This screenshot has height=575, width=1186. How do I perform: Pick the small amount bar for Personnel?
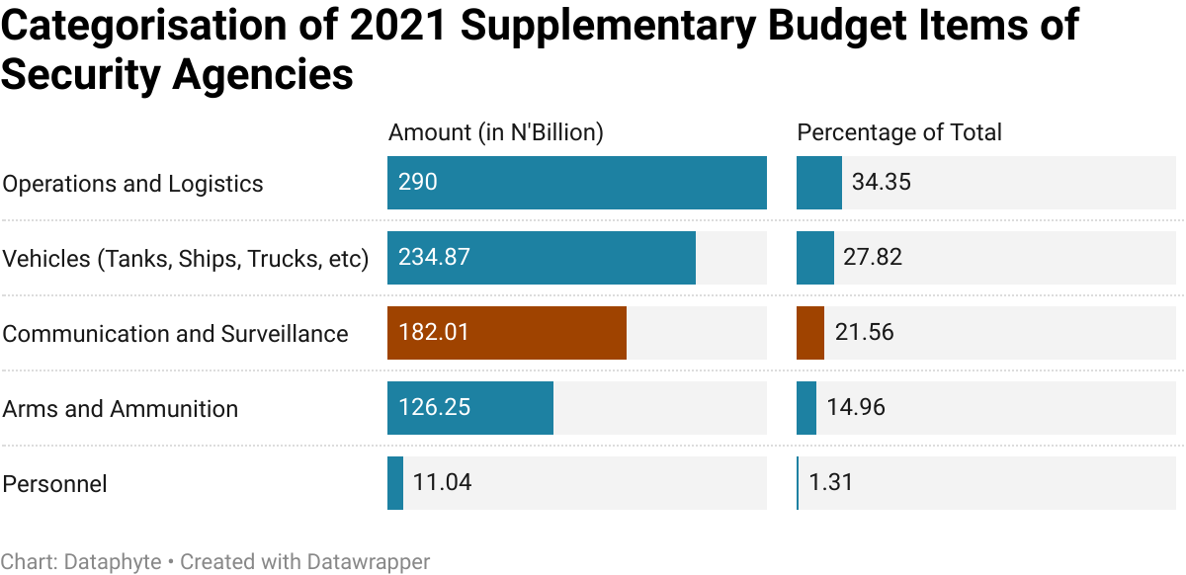click(x=395, y=483)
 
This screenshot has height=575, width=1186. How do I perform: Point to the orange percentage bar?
click(x=810, y=333)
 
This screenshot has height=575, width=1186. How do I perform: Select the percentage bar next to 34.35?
click(x=819, y=183)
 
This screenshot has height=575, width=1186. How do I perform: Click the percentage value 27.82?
click(x=873, y=258)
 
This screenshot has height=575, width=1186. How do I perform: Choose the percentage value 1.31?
click(x=830, y=483)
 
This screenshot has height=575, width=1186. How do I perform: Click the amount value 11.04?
click(x=442, y=483)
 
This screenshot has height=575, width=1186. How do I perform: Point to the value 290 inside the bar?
click(x=418, y=183)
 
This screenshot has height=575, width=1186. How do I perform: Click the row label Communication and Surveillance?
click(x=175, y=334)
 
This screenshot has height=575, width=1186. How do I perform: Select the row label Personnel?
click(x=54, y=484)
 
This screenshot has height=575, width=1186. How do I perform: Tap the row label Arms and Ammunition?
click(x=120, y=409)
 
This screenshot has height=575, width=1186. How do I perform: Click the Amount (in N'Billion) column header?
click(x=496, y=132)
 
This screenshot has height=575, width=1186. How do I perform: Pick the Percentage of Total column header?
click(x=899, y=132)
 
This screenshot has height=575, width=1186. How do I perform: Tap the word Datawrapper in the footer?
click(x=369, y=562)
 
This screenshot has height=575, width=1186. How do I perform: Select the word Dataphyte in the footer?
click(x=113, y=562)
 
